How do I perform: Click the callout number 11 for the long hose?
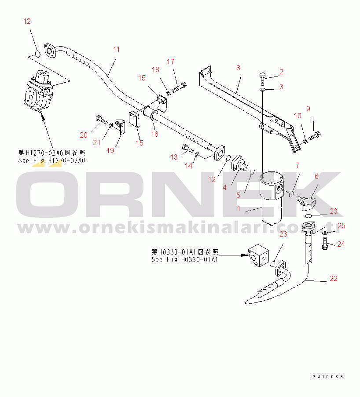pos(116,49)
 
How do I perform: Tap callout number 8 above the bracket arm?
pos(238,68)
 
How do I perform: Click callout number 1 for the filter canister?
pos(239,209)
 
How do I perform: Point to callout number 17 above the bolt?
pos(170,61)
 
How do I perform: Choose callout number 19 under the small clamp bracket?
pos(110,150)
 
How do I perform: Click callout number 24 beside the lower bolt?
pos(341,244)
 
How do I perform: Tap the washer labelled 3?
pos(262,90)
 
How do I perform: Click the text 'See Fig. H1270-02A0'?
pos(51,160)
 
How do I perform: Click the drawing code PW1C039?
pos(327,377)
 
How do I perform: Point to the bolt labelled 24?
pos(325,244)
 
